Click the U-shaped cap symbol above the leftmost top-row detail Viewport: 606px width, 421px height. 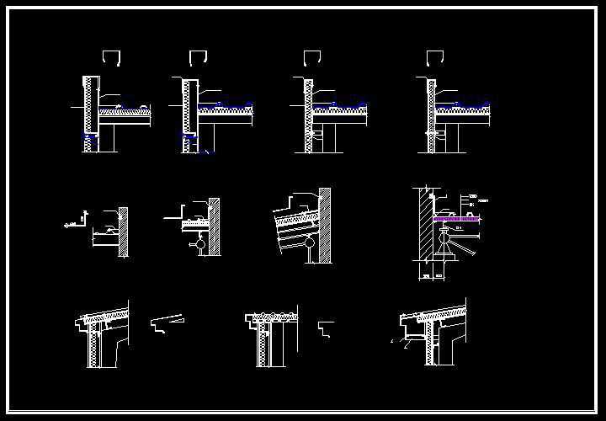click(x=112, y=57)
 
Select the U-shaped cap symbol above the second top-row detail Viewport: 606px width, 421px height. click(x=199, y=57)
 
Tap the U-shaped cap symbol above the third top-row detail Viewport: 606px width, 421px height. click(x=313, y=57)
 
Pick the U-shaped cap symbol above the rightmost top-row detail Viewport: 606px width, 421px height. click(x=435, y=57)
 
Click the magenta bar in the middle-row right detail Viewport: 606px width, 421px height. click(x=457, y=218)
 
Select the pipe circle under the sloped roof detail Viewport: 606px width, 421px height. click(x=310, y=246)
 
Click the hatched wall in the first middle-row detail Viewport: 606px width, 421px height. click(x=124, y=231)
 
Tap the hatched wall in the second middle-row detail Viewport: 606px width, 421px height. click(x=214, y=228)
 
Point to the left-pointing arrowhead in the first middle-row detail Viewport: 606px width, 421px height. click(x=66, y=226)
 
